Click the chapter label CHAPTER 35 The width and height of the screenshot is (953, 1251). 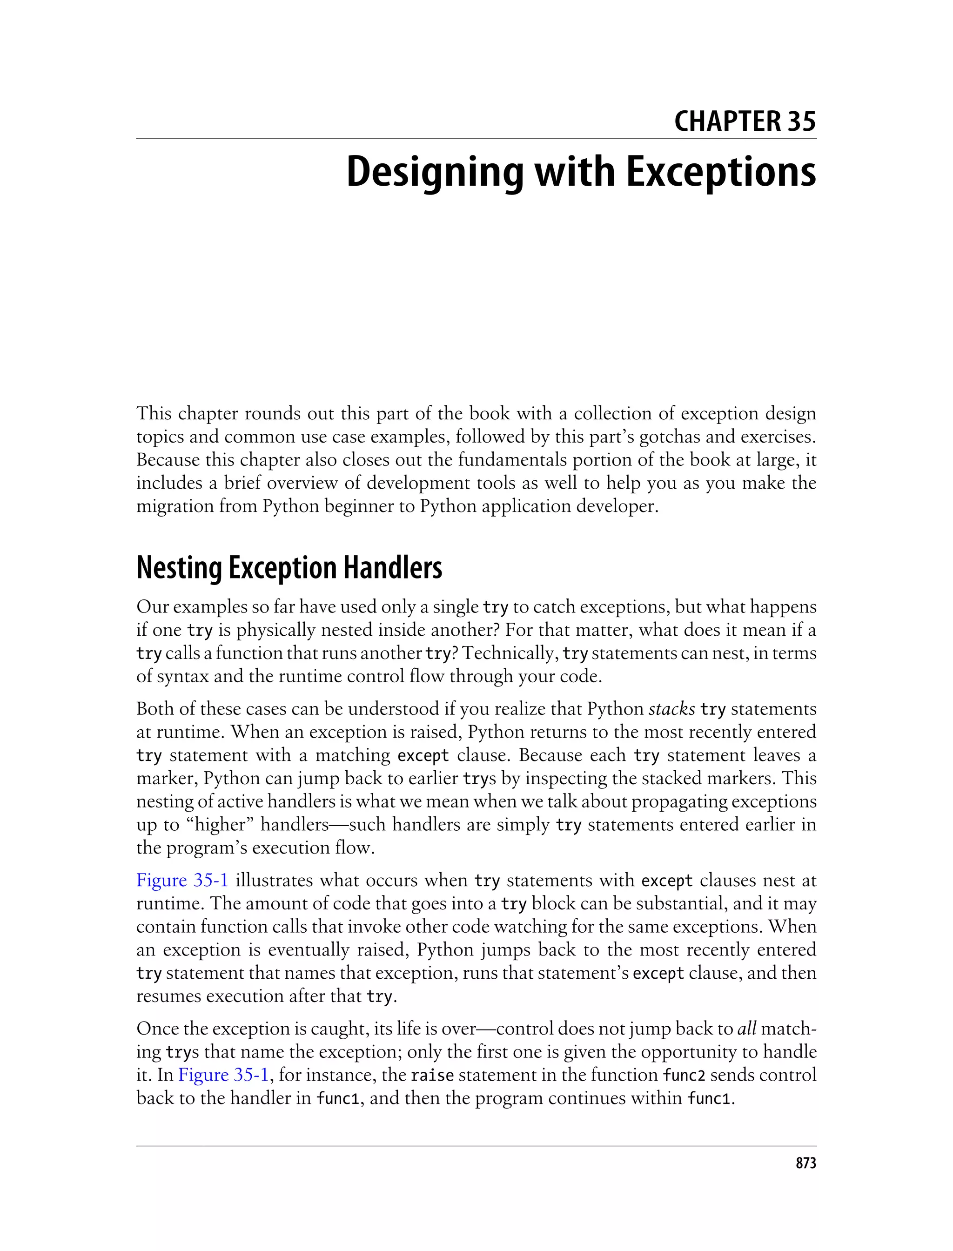745,121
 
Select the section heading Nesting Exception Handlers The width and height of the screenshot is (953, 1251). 289,568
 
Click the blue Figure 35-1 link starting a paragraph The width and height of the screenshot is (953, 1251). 182,881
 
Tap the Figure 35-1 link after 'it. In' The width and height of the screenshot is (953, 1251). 223,1075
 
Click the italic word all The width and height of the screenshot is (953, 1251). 746,1029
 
